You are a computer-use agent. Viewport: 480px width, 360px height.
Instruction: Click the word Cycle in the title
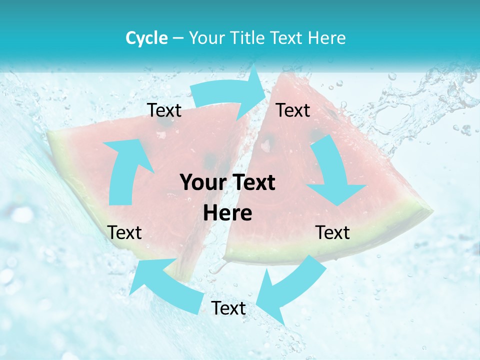point(146,38)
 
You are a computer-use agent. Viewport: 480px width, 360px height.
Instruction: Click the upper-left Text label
point(164,110)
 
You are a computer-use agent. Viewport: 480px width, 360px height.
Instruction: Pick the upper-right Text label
point(293,110)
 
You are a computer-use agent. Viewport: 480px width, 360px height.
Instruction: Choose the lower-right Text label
point(332,232)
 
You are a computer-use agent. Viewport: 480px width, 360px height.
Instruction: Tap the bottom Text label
point(228,308)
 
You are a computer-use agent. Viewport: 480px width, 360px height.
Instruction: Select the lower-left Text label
point(124,232)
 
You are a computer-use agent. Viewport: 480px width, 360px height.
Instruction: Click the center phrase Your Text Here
point(227,198)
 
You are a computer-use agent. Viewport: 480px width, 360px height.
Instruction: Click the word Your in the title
point(208,38)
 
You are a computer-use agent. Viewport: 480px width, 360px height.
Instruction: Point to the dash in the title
point(177,38)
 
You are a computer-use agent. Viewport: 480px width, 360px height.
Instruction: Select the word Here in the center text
point(227,213)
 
